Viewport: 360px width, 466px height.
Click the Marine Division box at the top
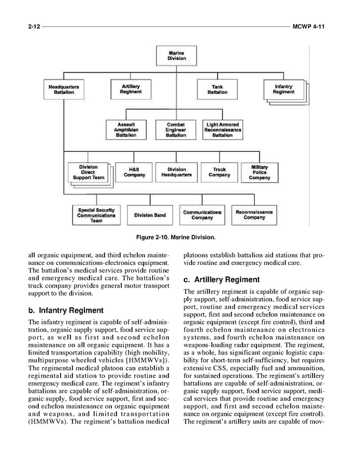tap(176, 55)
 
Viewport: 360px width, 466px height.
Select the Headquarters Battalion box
tap(64, 89)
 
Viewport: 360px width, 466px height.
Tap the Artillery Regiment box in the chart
tap(131, 89)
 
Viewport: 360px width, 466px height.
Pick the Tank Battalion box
tap(217, 89)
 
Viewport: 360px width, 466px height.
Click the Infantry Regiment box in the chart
tap(283, 89)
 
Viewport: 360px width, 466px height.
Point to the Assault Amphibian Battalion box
tap(126, 130)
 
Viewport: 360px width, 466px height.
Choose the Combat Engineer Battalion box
tap(176, 130)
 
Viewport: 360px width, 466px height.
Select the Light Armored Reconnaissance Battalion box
tap(222, 130)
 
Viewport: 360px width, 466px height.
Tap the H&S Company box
tap(134, 172)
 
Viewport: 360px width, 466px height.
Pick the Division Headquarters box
tap(177, 172)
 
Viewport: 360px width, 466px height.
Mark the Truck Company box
tap(219, 172)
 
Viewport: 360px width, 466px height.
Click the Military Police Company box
tap(259, 172)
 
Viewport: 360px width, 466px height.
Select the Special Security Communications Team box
tap(96, 215)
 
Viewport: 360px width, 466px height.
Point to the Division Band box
tap(150, 215)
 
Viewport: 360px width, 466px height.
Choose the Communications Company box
tap(202, 215)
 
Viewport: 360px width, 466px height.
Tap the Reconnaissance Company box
tap(254, 215)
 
